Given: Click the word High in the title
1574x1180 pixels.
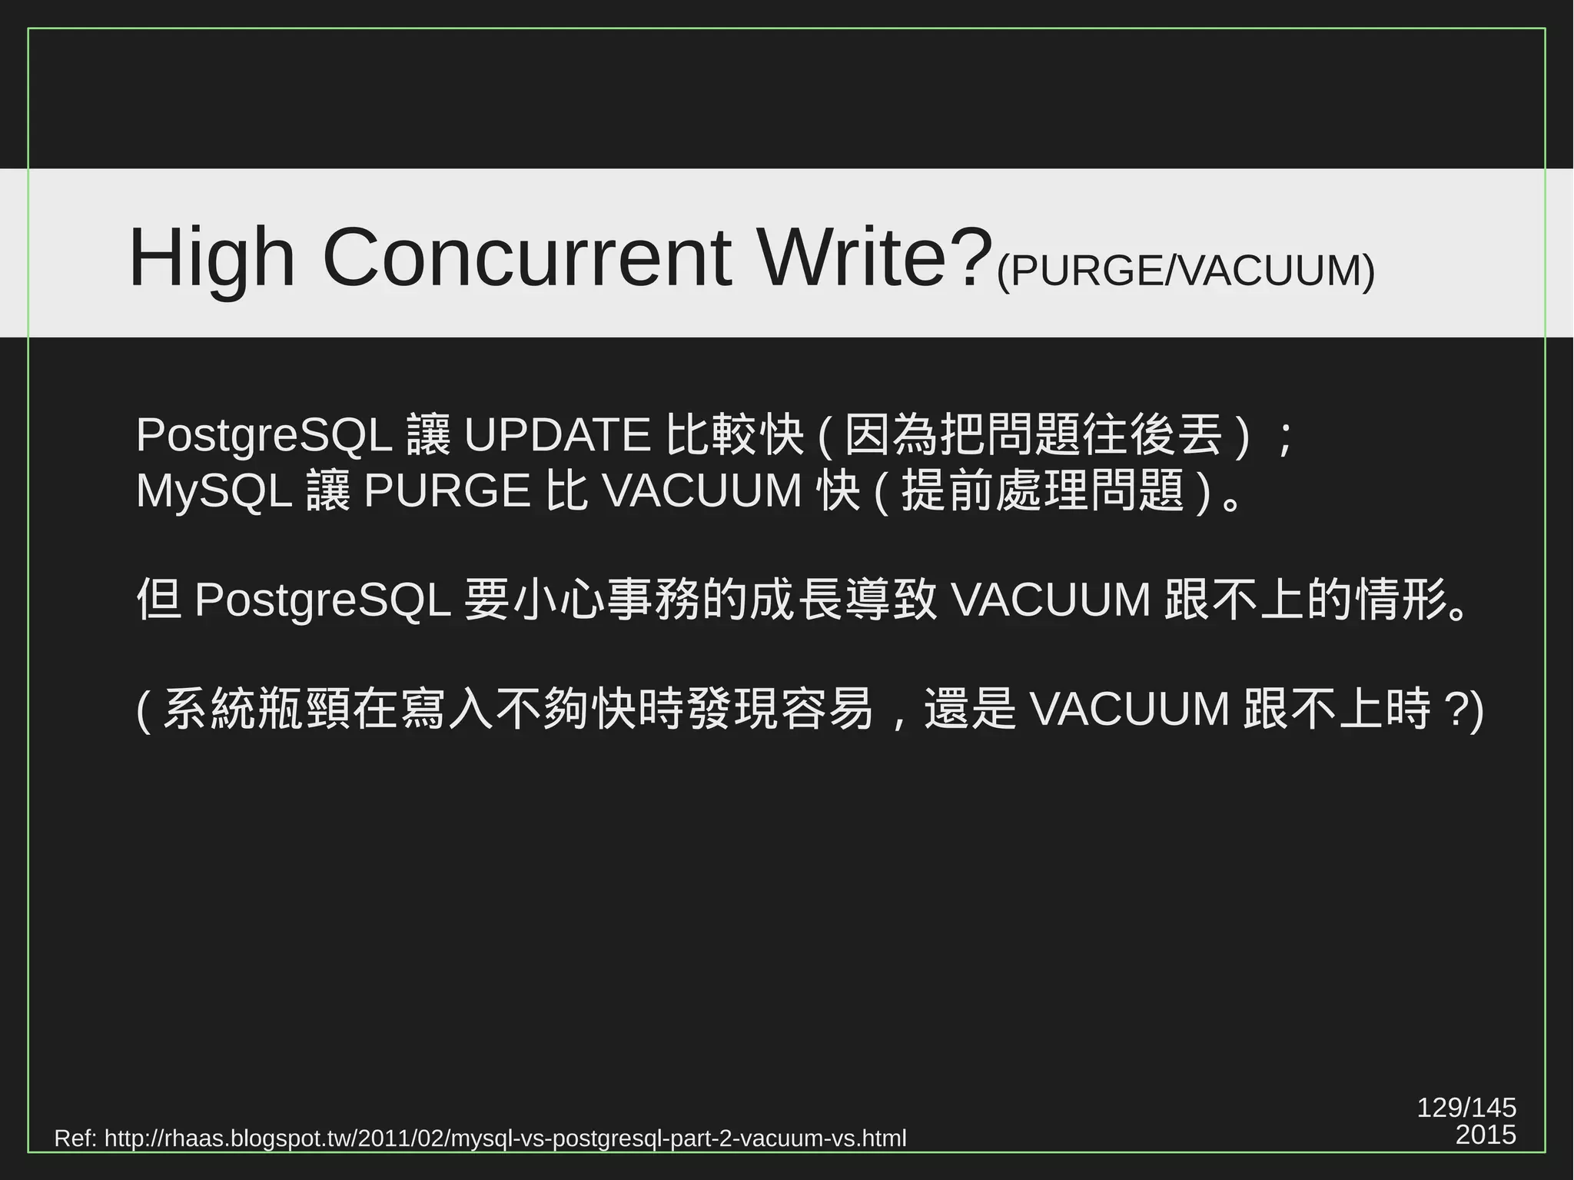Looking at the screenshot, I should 212,258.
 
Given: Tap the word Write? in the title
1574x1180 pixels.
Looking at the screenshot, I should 872,258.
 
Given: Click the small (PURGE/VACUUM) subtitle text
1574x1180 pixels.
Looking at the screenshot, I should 1185,271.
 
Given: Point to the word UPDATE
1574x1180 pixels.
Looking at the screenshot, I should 558,435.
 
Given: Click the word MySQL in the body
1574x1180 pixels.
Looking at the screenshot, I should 214,490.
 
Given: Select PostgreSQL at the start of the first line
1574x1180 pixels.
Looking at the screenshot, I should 264,435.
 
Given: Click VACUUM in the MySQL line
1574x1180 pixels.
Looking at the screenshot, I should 702,490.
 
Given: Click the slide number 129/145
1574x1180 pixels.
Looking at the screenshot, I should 1466,1108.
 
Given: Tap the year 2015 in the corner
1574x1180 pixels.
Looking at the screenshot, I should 1486,1135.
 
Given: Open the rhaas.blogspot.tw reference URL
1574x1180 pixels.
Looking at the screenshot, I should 505,1138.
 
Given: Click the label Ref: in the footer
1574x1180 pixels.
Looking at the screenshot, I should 75,1138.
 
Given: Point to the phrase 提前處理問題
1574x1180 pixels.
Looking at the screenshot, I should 1042,490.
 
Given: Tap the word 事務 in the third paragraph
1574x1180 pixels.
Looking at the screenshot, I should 653,600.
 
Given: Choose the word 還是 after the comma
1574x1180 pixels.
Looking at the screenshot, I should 970,709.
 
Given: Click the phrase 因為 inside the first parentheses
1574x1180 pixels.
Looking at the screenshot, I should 892,435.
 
